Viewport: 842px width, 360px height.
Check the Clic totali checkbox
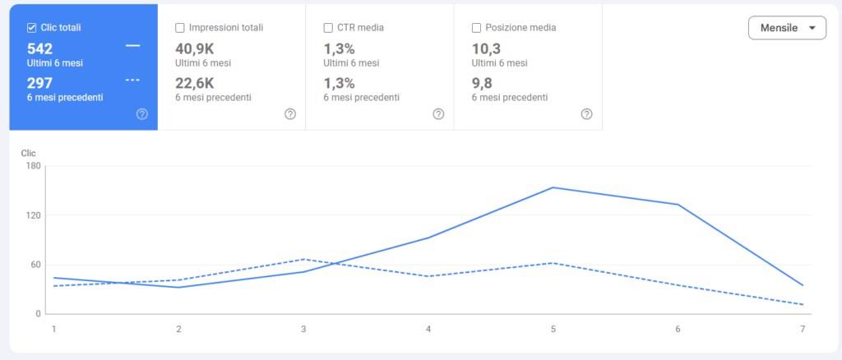[32, 27]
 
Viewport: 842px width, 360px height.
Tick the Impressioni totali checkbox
[180, 27]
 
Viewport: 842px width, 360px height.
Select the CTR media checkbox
[329, 27]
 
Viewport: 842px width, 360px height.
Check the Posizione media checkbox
[477, 27]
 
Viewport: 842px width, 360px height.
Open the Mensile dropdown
[787, 28]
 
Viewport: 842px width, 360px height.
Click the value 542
[39, 48]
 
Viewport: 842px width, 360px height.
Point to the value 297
[39, 83]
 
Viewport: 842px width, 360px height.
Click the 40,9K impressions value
[194, 48]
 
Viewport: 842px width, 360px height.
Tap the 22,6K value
[194, 83]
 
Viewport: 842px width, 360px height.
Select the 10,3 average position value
[485, 48]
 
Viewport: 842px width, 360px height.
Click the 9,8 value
[482, 83]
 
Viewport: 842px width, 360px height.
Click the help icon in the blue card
[141, 114]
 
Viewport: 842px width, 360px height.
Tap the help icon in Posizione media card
[586, 114]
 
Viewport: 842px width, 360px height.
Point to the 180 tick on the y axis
[34, 166]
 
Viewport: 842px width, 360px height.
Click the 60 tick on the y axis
[35, 265]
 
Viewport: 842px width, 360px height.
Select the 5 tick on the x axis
[553, 329]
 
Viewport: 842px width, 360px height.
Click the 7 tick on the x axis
[803, 329]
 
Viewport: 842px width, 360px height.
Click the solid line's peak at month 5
[553, 187]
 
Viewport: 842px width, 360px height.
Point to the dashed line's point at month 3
[303, 259]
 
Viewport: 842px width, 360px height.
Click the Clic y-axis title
[29, 153]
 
